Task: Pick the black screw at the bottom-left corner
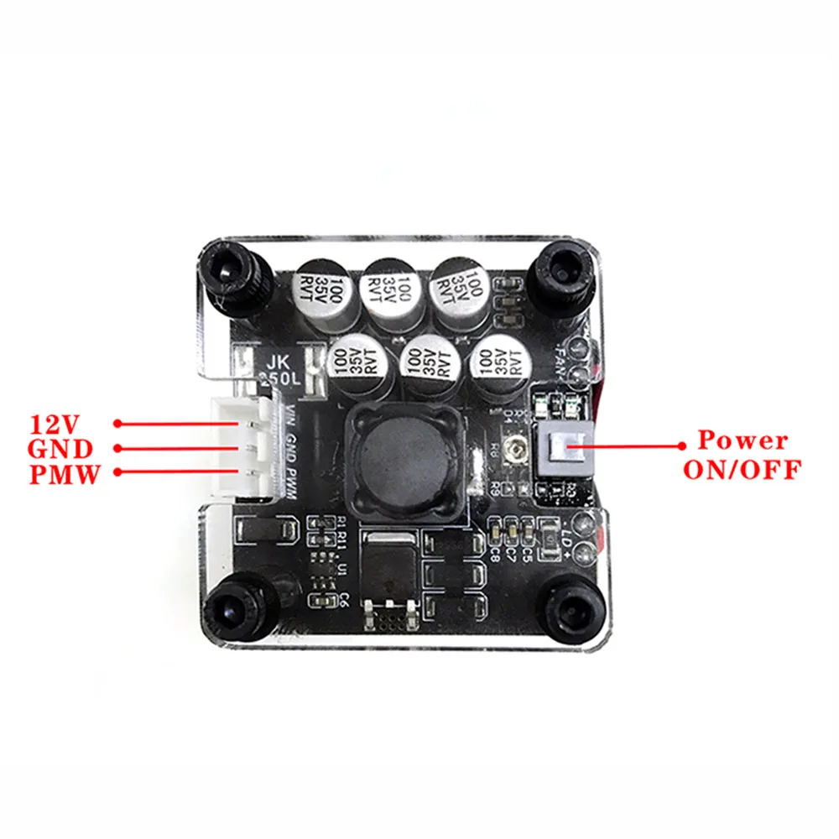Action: tap(238, 606)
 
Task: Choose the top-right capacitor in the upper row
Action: tap(461, 289)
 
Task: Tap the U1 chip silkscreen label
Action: tap(342, 569)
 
